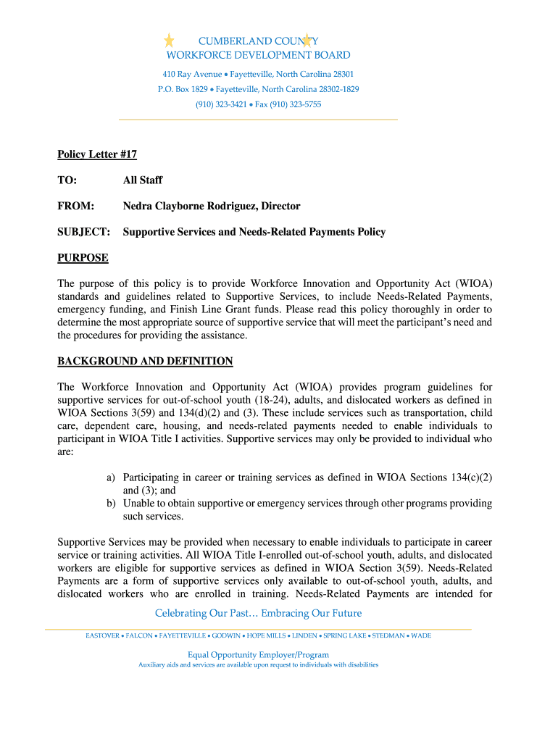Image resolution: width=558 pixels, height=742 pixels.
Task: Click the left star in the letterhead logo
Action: pyautogui.click(x=169, y=40)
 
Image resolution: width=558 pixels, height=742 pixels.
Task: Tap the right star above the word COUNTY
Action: pyautogui.click(x=307, y=40)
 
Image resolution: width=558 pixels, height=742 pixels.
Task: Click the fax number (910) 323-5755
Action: pyautogui.click(x=296, y=104)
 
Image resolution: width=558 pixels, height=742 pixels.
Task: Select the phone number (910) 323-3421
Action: pyautogui.click(x=221, y=104)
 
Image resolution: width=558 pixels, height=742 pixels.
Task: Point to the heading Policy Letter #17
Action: pyautogui.click(x=97, y=154)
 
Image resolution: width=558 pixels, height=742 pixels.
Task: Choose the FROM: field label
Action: pyautogui.click(x=76, y=207)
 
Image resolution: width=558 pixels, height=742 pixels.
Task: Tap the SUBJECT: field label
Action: pyautogui.click(x=84, y=233)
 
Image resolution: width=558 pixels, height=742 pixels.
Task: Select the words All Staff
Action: pyautogui.click(x=143, y=180)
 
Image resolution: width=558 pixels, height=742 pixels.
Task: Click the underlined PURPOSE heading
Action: pyautogui.click(x=83, y=258)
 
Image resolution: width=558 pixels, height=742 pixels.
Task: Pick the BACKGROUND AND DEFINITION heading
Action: pyautogui.click(x=145, y=361)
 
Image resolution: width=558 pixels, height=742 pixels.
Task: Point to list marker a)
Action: pyautogui.click(x=111, y=478)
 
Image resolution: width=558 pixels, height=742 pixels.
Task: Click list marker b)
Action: pyautogui.click(x=111, y=504)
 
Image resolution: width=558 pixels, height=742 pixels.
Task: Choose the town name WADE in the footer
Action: pyautogui.click(x=421, y=636)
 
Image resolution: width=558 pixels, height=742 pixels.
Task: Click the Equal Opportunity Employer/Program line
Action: pyautogui.click(x=258, y=655)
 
